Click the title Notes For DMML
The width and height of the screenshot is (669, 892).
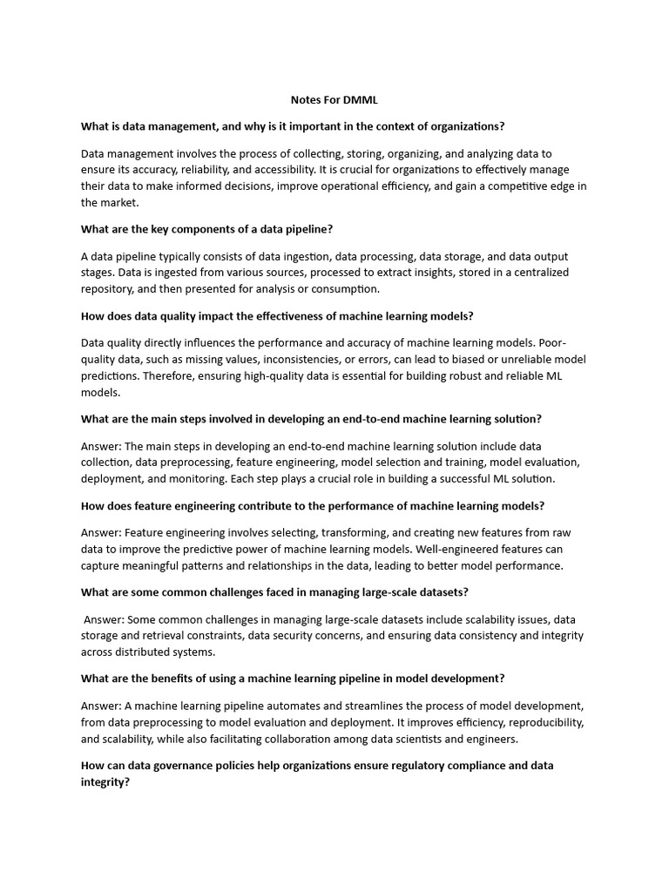click(x=334, y=100)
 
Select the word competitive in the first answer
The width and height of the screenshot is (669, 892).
click(x=530, y=186)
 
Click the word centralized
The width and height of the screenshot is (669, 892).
click(x=535, y=273)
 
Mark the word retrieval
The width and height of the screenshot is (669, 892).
click(x=156, y=635)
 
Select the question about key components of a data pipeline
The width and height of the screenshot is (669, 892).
click(x=207, y=229)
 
